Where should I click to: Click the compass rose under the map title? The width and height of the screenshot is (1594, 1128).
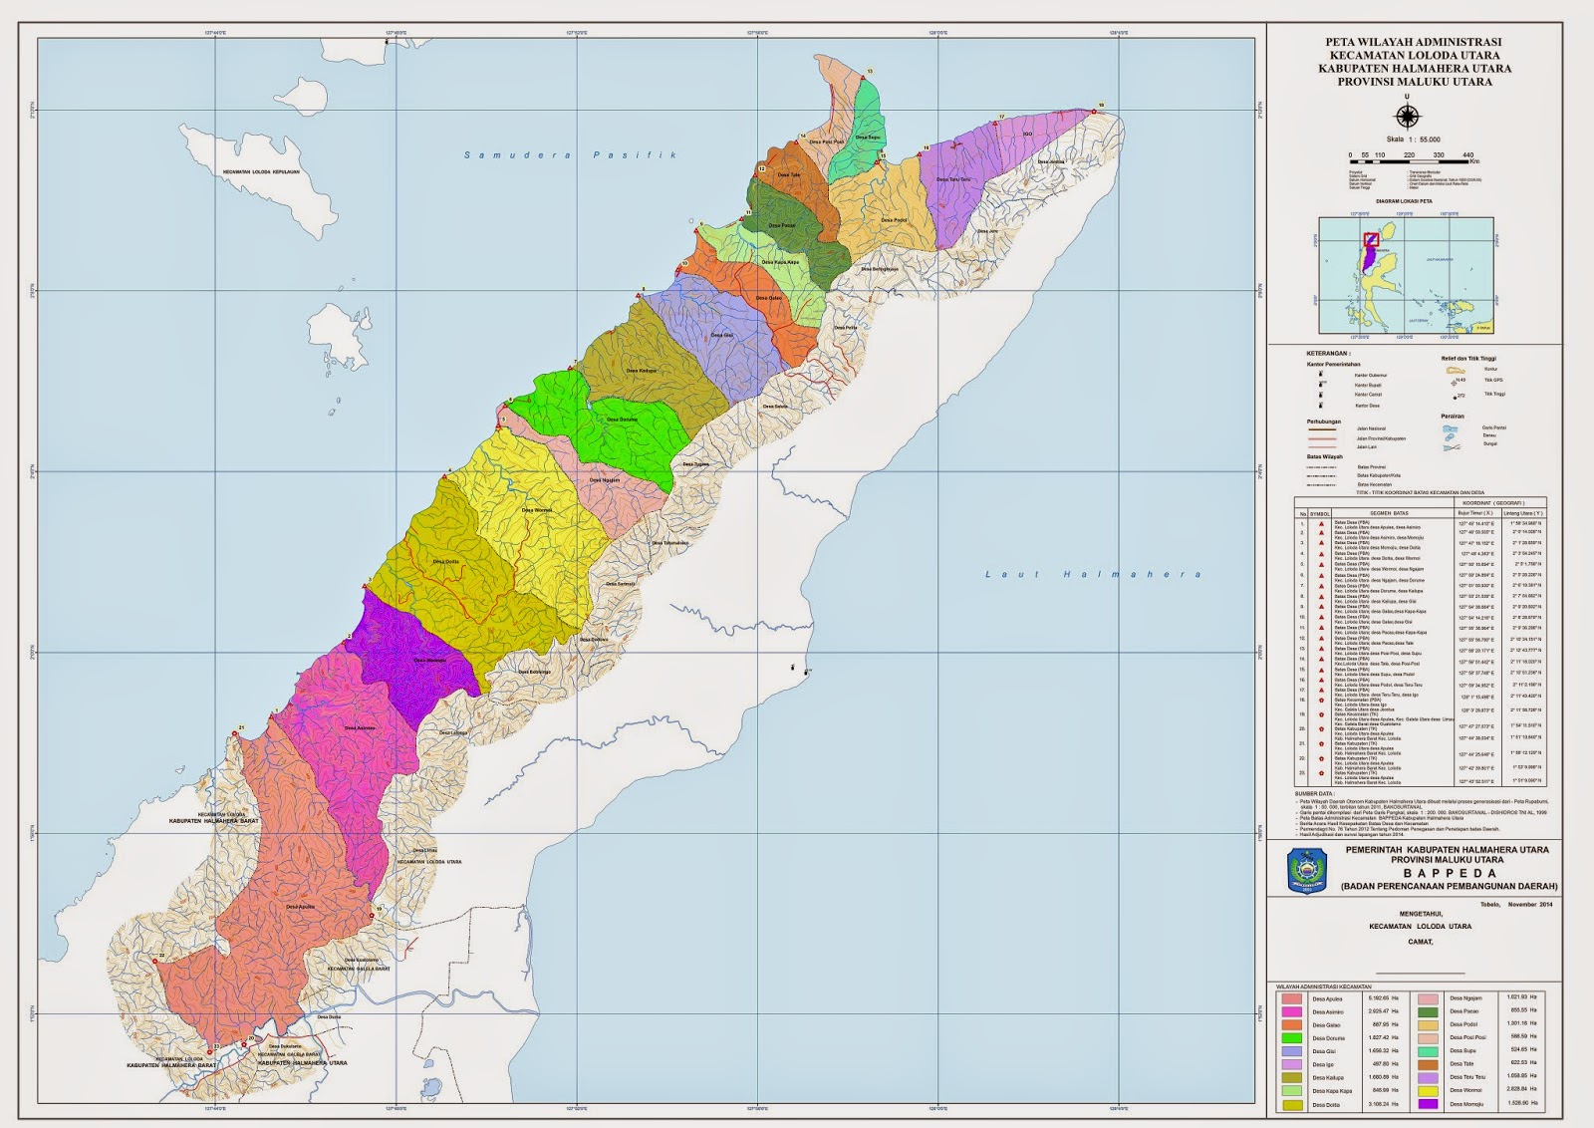pos(1406,115)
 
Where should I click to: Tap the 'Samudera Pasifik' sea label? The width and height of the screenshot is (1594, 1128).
pos(571,155)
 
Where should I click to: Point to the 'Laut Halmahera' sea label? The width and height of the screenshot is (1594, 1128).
pos(1092,574)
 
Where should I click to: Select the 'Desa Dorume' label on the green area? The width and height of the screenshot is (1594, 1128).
pos(622,420)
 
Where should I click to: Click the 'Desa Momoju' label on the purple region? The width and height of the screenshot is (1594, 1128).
pos(430,660)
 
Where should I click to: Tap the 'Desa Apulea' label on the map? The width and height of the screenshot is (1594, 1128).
pos(300,907)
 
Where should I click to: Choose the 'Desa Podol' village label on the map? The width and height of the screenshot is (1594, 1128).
pos(894,220)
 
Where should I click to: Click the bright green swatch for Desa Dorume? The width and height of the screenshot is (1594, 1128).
pos(1292,1038)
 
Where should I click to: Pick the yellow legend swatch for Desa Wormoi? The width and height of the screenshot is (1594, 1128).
pos(1428,1090)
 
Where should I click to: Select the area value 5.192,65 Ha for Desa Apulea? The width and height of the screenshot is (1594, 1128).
pos(1379,997)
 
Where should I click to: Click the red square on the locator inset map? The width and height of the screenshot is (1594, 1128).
pos(1371,239)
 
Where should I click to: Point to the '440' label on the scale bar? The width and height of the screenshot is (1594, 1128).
pos(1467,155)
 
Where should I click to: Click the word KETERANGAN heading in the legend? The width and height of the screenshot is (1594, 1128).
pos(1328,353)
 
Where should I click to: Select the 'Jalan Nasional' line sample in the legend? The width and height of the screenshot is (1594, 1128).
pos(1322,428)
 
